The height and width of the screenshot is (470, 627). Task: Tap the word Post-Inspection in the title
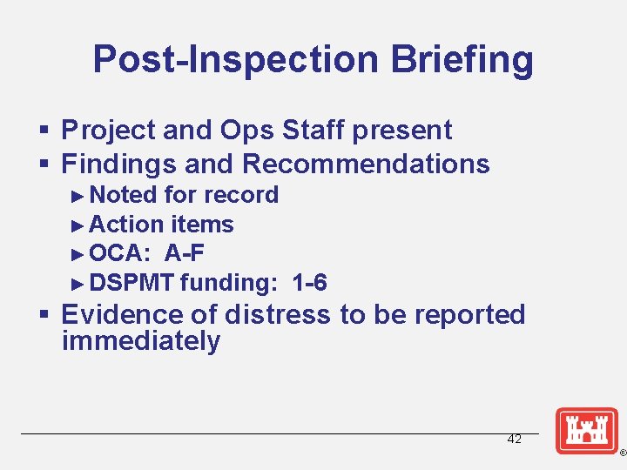point(236,59)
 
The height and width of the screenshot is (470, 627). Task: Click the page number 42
point(514,439)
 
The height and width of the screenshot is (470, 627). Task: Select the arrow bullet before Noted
point(78,195)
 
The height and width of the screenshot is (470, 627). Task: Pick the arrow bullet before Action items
point(78,225)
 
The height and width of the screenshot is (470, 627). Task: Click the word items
point(202,225)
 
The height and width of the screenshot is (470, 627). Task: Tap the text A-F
point(185,253)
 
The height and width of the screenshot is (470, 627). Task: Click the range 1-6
point(310,283)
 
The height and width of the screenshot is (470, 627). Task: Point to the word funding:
point(229,283)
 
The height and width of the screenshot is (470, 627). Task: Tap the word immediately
point(141,340)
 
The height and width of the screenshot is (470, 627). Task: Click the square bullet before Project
point(48,131)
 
